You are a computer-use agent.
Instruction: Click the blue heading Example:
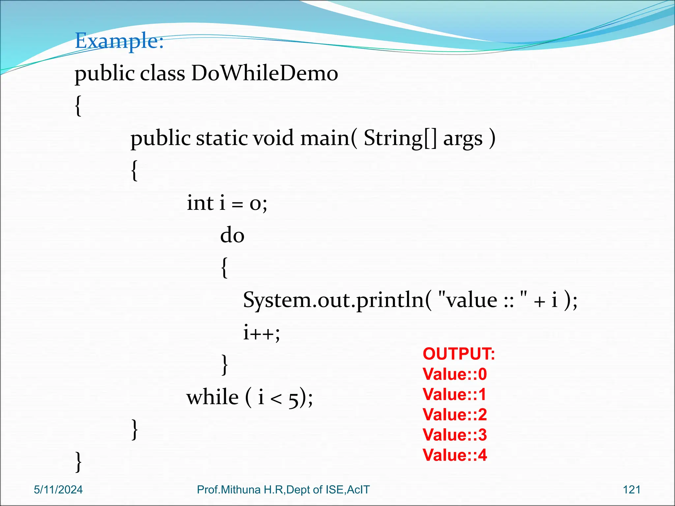pyautogui.click(x=119, y=41)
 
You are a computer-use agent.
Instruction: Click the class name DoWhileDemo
pyautogui.click(x=264, y=73)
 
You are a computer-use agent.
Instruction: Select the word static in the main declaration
pyautogui.click(x=221, y=138)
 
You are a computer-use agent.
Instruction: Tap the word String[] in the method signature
pyautogui.click(x=400, y=138)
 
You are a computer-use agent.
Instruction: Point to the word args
pyautogui.click(x=463, y=139)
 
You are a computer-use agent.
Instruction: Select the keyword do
pyautogui.click(x=232, y=235)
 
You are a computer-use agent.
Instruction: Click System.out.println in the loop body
pyautogui.click(x=333, y=300)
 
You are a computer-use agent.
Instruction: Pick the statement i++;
pyautogui.click(x=261, y=332)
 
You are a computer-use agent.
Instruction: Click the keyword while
pyautogui.click(x=212, y=397)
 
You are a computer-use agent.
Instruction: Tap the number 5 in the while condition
pyautogui.click(x=293, y=399)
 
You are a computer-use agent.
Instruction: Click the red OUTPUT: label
pyautogui.click(x=458, y=354)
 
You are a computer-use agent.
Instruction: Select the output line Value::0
pyautogui.click(x=455, y=374)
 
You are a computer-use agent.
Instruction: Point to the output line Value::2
pyautogui.click(x=455, y=415)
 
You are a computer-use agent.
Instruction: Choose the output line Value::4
pyautogui.click(x=455, y=455)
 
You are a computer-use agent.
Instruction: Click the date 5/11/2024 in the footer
pyautogui.click(x=58, y=490)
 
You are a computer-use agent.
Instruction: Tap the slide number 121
pyautogui.click(x=631, y=490)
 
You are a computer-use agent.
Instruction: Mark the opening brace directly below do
pyautogui.click(x=224, y=267)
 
